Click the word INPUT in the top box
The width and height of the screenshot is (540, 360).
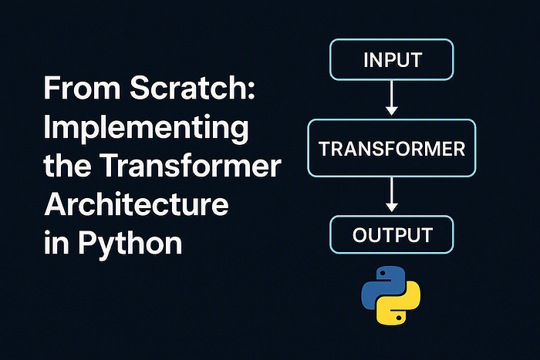pyautogui.click(x=393, y=60)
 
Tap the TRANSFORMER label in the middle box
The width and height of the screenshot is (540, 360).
pyautogui.click(x=392, y=149)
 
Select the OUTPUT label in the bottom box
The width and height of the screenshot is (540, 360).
pyautogui.click(x=392, y=235)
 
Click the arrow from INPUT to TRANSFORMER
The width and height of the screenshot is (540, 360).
pyautogui.click(x=392, y=98)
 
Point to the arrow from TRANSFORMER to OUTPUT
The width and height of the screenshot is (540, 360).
pyautogui.click(x=392, y=195)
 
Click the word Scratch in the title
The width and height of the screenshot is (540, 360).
pyautogui.click(x=187, y=87)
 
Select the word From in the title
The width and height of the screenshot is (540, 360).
pyautogui.click(x=82, y=88)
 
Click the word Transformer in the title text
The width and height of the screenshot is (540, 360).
pyautogui.click(x=191, y=166)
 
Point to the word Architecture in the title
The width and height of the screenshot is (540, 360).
pyautogui.click(x=137, y=204)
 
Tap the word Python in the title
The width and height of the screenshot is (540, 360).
pyautogui.click(x=130, y=245)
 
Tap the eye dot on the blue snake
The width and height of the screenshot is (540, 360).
pyautogui.click(x=383, y=273)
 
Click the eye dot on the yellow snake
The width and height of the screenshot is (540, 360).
pyautogui.click(x=399, y=318)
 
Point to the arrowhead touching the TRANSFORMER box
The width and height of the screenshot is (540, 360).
pyautogui.click(x=392, y=111)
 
